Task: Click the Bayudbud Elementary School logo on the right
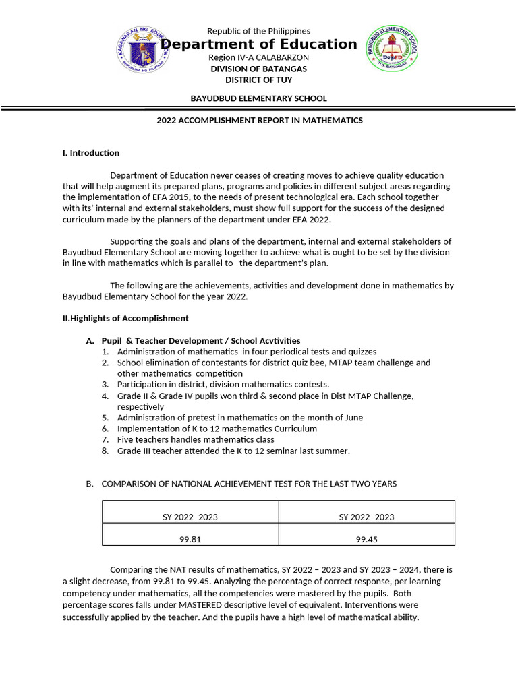tap(391, 49)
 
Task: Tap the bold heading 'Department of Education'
tap(258, 44)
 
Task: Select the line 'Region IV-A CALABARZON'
tap(258, 58)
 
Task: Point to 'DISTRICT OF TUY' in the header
tap(258, 80)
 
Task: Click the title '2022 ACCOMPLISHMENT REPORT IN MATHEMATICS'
tap(260, 121)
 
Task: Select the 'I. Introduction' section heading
tap(91, 153)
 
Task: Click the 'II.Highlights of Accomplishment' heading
tap(125, 318)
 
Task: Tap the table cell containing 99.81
tap(190, 539)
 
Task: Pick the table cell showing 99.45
tap(366, 539)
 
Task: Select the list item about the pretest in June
tap(239, 418)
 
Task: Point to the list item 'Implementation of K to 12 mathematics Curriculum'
tap(217, 429)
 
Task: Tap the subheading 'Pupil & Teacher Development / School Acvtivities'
tap(200, 341)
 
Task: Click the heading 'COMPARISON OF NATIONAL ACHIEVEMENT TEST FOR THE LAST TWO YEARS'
tap(249, 484)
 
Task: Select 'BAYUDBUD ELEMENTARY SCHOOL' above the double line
tap(258, 98)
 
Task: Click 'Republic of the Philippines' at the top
tap(258, 31)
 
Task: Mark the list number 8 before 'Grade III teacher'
tap(105, 451)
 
